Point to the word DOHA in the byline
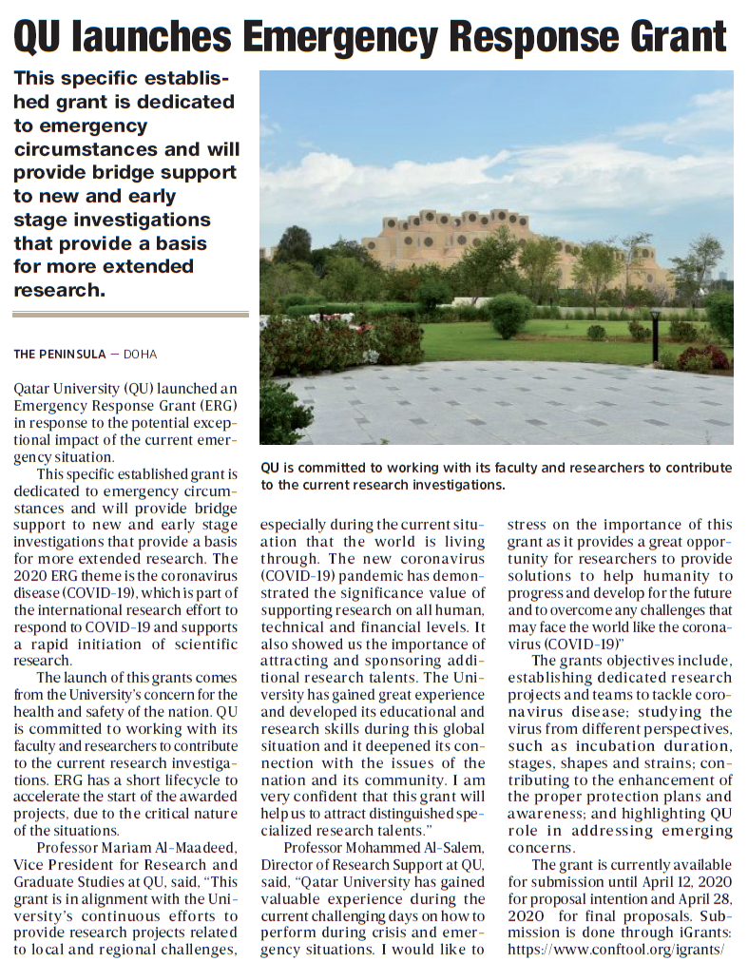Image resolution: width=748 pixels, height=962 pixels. point(139,355)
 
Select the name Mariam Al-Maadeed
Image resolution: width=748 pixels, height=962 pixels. point(168,848)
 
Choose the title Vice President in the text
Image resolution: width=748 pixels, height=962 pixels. point(65,865)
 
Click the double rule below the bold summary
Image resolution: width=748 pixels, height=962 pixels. point(130,314)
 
